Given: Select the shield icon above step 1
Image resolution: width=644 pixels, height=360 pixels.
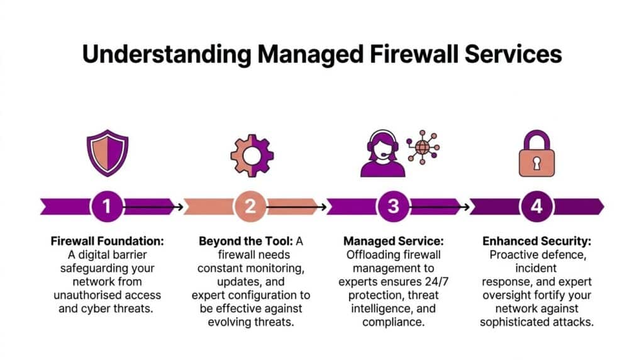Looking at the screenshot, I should [108, 153].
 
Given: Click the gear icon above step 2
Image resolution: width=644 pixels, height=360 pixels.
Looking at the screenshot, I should [251, 154].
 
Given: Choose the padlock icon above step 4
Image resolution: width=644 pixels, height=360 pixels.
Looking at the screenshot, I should [536, 154].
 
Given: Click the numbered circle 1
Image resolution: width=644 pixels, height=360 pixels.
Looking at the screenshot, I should [108, 206].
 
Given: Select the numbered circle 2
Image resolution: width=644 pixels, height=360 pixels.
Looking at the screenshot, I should [250, 206].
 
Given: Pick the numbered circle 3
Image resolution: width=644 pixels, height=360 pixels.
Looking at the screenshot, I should [393, 206].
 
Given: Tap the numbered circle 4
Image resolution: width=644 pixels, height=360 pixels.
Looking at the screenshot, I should [536, 206].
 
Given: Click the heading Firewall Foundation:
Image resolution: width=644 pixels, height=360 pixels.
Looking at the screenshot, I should [107, 241].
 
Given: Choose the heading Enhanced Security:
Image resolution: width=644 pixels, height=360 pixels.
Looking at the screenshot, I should [536, 241].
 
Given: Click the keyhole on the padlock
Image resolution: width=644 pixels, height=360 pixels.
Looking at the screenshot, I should [536, 163].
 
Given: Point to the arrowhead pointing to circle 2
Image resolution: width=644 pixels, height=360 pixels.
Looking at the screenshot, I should [180, 206].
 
